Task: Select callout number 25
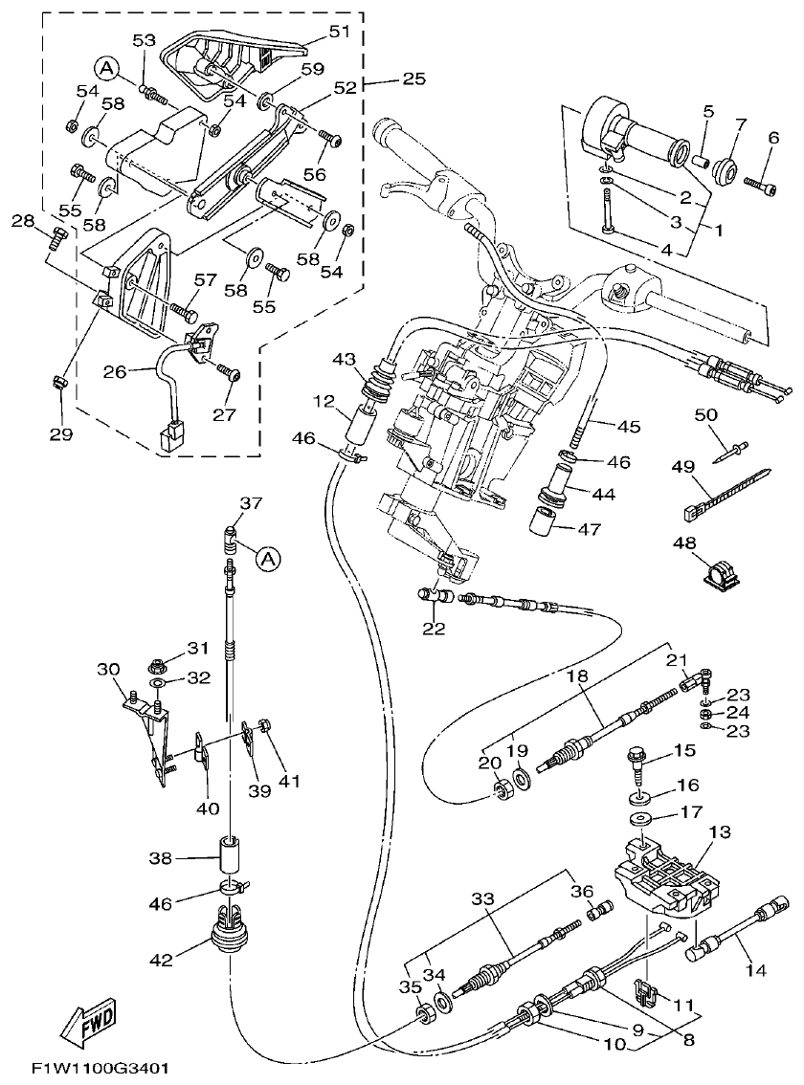point(413,79)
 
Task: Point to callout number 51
point(340,31)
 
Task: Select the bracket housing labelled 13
point(663,871)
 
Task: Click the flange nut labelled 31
point(159,662)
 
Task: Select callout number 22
point(435,628)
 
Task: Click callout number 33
point(482,898)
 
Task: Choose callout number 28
point(22,221)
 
